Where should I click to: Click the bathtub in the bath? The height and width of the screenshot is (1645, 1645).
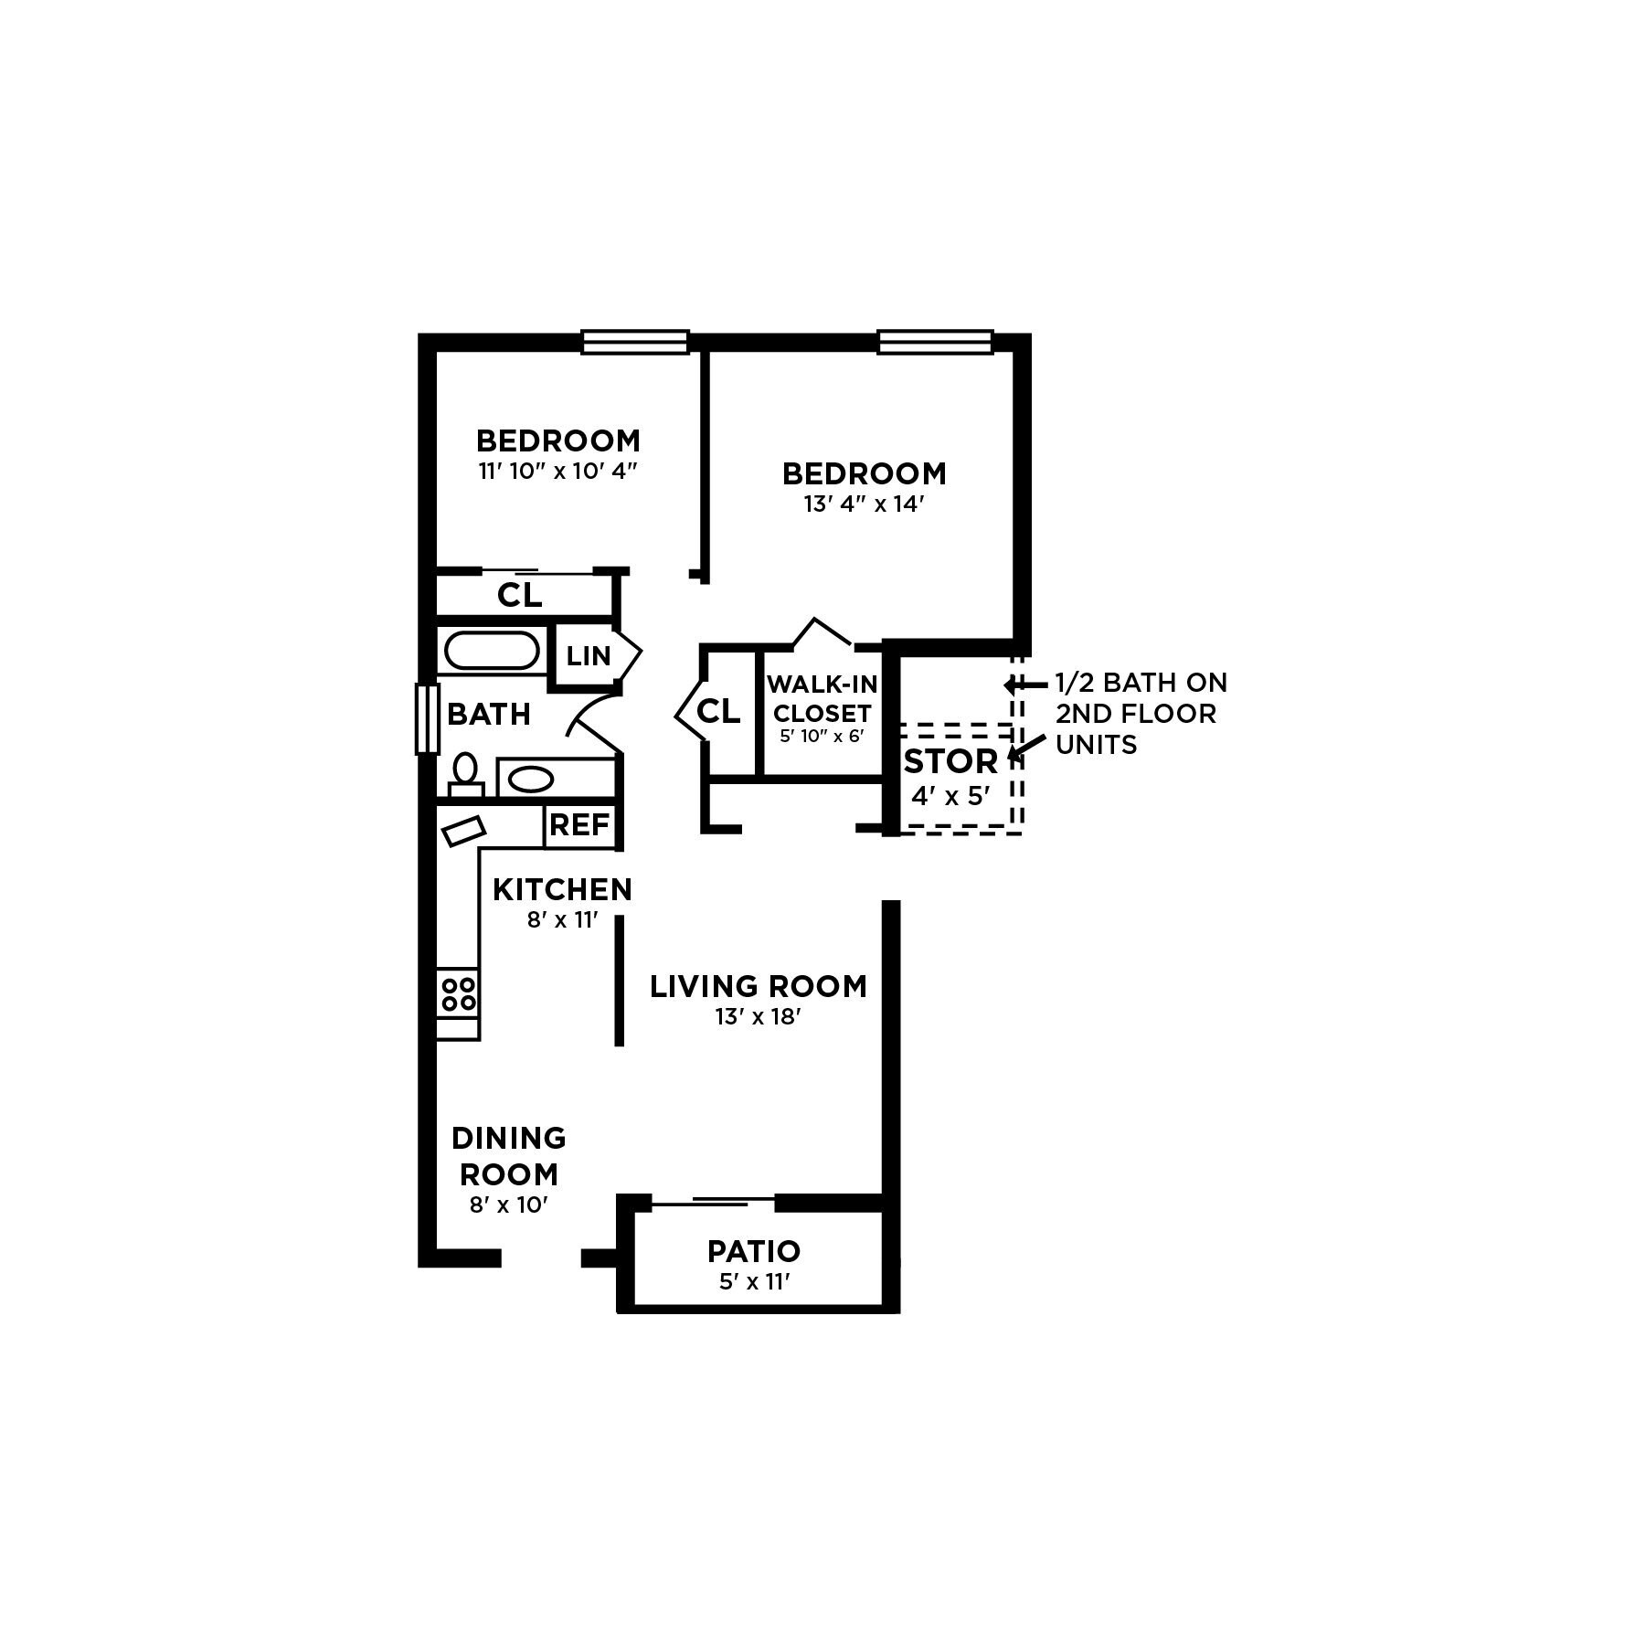pos(491,651)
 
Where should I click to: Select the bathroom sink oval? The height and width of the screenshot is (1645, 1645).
pos(530,780)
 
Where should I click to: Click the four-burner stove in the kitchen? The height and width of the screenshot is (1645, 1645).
pos(458,993)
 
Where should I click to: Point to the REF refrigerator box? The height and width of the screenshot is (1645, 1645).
pos(579,825)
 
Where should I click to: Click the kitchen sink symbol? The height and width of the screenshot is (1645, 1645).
pos(463,832)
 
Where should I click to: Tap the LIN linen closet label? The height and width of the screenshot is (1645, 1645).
pos(588,655)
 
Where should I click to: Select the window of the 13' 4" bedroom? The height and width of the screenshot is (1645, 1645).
pos(935,342)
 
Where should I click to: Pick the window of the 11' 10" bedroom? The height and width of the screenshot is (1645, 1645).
pos(635,342)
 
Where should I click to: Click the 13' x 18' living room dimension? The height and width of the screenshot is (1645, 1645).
pos(758,1016)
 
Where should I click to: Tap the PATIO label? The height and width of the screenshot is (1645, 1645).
pos(754,1251)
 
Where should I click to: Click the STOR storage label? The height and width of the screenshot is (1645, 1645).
pos(950,761)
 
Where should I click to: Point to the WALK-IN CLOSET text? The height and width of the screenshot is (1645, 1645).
pos(822,698)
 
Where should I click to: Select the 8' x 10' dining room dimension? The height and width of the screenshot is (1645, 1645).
pos(508,1205)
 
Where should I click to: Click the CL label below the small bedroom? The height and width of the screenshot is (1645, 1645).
pos(519,596)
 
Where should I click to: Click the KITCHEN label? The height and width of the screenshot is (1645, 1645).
pos(562,889)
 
